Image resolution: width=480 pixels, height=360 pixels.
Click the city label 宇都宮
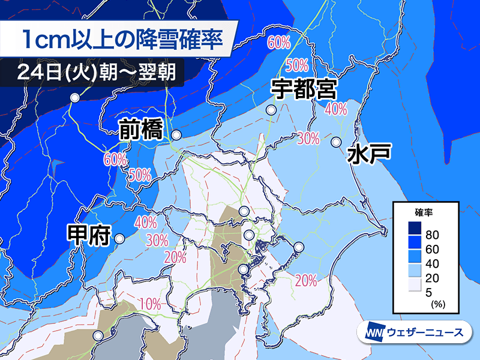pyautogui.click(x=303, y=89)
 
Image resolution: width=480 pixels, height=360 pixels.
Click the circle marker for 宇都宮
pyautogui.click(x=272, y=110)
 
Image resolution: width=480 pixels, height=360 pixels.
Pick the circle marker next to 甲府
pyautogui.click(x=119, y=238)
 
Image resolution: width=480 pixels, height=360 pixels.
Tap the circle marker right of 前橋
pyautogui.click(x=176, y=135)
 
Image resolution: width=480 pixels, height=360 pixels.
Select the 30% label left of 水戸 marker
pyautogui.click(x=308, y=139)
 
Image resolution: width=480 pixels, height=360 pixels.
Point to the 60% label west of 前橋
pyautogui.click(x=115, y=160)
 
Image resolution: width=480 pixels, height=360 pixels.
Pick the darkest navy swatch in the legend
pyautogui.click(x=411, y=229)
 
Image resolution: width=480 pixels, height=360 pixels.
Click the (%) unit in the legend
pyautogui.click(x=437, y=305)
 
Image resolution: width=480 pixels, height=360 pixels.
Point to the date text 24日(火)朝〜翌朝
pyautogui.click(x=96, y=73)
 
